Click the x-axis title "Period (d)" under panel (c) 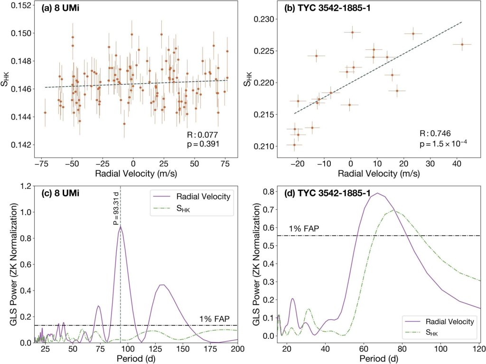(138, 360)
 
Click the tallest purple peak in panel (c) (121, 227)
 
